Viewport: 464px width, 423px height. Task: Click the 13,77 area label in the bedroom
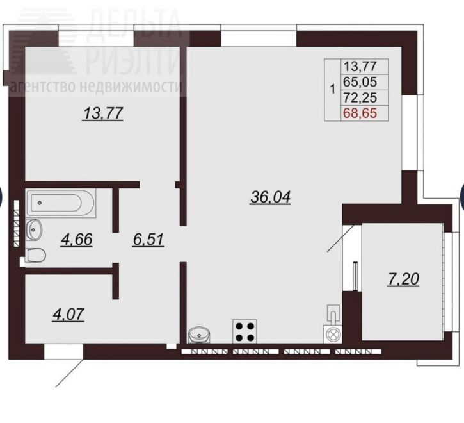pyautogui.click(x=103, y=113)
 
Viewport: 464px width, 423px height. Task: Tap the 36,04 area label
pyautogui.click(x=271, y=197)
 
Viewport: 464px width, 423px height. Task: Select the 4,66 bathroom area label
pyautogui.click(x=77, y=240)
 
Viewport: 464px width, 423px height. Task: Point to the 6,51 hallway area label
pyautogui.click(x=148, y=240)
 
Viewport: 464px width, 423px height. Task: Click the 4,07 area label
pyautogui.click(x=68, y=315)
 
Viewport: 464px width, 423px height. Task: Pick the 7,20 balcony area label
pyautogui.click(x=403, y=279)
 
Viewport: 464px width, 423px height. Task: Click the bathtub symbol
pyautogui.click(x=61, y=203)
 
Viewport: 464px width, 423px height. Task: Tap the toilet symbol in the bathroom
pyautogui.click(x=35, y=255)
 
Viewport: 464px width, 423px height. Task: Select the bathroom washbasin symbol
pyautogui.click(x=34, y=229)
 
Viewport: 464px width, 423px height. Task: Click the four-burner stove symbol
pyautogui.click(x=244, y=331)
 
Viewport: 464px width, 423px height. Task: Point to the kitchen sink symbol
pyautogui.click(x=199, y=335)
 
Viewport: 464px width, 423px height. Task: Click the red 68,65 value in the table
pyautogui.click(x=360, y=113)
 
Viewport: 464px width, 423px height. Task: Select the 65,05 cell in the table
pyautogui.click(x=360, y=81)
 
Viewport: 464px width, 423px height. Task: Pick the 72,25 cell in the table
pyautogui.click(x=360, y=97)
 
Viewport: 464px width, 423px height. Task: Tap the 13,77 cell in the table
pyautogui.click(x=360, y=66)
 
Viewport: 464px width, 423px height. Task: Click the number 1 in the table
pyautogui.click(x=333, y=89)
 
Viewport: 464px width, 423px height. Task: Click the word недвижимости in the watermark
pyautogui.click(x=131, y=87)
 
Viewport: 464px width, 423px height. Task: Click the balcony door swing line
pyautogui.click(x=340, y=238)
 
